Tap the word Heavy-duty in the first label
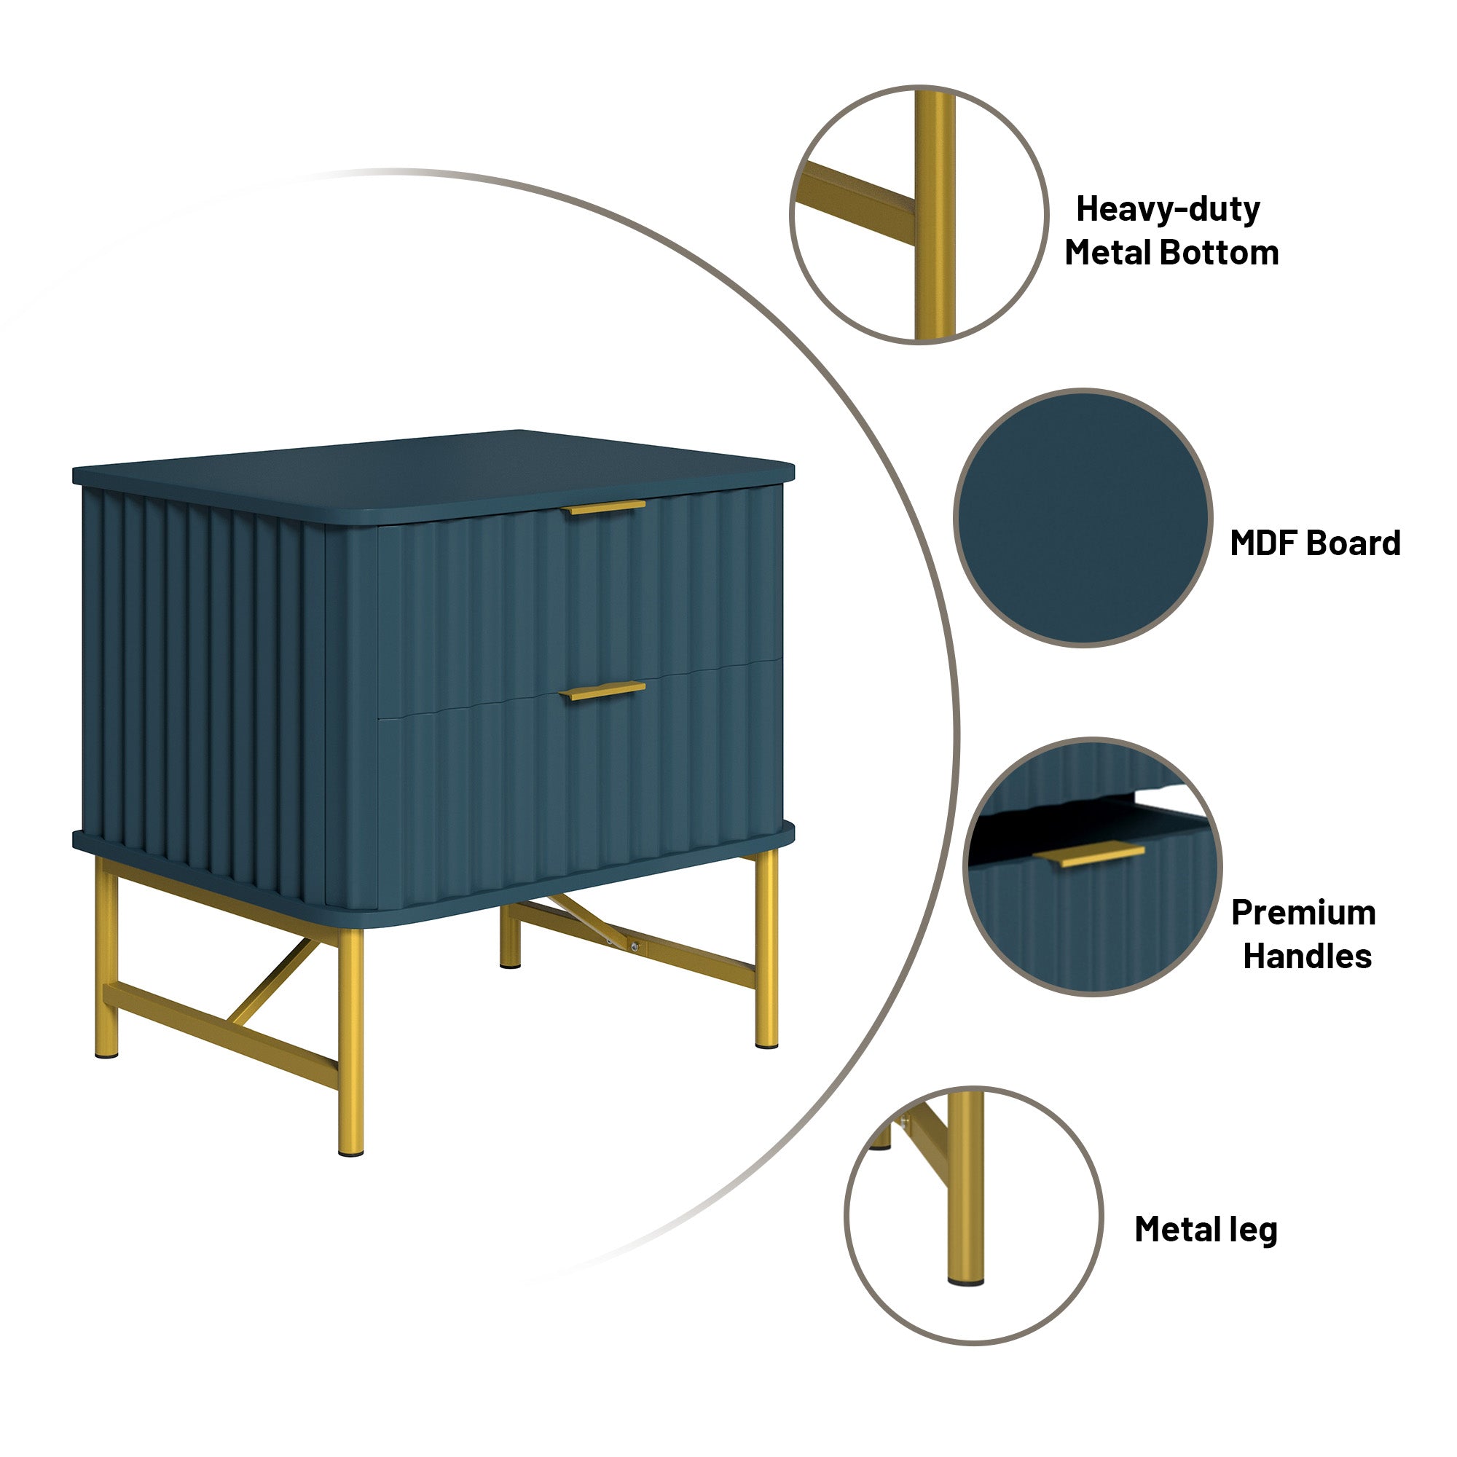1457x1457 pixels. [1167, 209]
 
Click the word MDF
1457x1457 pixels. [1263, 543]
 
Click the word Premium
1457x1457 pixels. [1303, 913]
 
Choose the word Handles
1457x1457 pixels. [1307, 957]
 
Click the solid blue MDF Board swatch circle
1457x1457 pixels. [1083, 517]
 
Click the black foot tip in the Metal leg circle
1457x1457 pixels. [966, 1281]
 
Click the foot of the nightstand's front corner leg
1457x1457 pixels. [350, 1151]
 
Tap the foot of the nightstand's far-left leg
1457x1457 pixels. [107, 1053]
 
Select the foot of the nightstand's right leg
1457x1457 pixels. [766, 1044]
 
